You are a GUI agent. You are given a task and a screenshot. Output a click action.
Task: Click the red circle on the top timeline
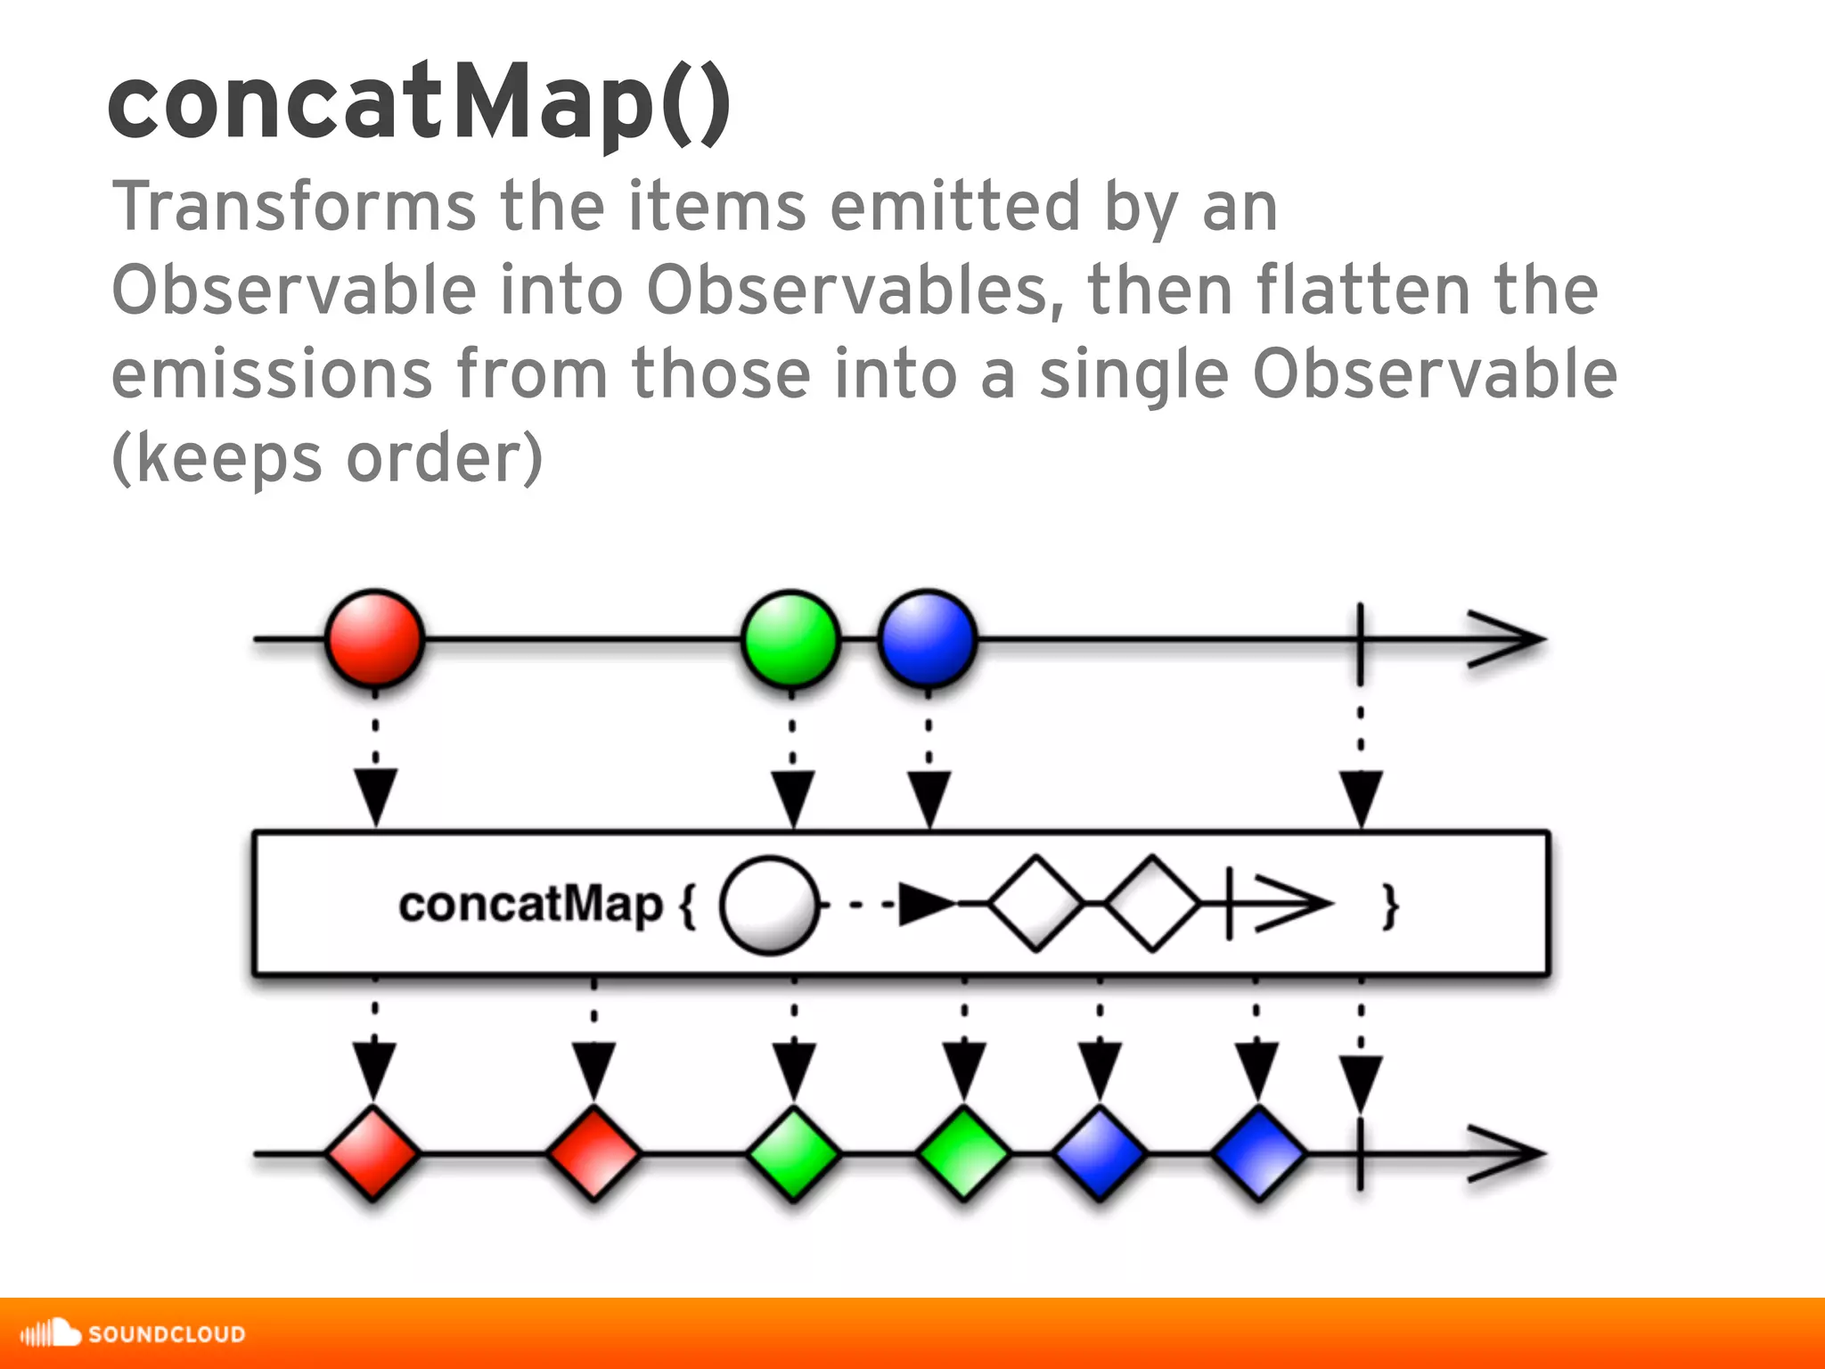(374, 639)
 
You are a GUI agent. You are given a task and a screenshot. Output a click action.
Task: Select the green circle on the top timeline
(790, 639)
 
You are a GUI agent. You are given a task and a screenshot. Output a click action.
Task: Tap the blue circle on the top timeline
(927, 639)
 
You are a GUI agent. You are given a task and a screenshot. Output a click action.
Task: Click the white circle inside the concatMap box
(769, 906)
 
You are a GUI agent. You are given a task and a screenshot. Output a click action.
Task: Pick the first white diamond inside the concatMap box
(1035, 904)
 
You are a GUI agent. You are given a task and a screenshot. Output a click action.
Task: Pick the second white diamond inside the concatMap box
(1152, 904)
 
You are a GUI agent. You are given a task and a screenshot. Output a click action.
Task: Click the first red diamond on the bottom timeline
(372, 1153)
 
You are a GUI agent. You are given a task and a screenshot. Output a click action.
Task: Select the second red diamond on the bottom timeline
(593, 1153)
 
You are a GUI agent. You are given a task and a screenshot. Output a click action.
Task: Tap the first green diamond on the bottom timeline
(793, 1153)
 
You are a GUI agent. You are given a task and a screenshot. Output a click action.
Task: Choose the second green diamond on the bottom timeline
(963, 1153)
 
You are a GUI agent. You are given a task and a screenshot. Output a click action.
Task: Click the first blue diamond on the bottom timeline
(1100, 1153)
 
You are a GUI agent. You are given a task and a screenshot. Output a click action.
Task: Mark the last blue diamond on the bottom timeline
(1257, 1153)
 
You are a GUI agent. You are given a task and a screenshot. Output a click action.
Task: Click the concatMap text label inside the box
(531, 906)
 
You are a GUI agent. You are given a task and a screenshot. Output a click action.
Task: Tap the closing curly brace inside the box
(1389, 907)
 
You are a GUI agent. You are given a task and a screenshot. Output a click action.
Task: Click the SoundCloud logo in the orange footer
(134, 1333)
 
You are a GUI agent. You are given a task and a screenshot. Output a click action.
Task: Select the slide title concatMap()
(419, 102)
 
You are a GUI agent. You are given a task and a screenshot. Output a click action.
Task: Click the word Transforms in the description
(294, 207)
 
